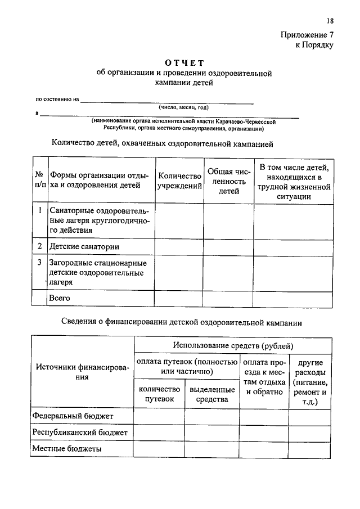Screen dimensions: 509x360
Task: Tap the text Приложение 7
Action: [307, 35]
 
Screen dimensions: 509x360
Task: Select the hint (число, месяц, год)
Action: [183, 107]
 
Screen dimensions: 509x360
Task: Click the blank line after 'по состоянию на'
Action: [166, 102]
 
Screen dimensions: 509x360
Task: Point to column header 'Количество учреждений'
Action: [179, 180]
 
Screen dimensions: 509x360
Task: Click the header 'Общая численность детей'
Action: [228, 180]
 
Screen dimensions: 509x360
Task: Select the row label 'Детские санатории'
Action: [84, 246]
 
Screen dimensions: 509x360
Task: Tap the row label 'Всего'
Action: [60, 298]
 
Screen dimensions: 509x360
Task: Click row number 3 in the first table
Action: [39, 263]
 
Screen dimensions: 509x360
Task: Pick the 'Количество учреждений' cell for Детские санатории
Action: [179, 246]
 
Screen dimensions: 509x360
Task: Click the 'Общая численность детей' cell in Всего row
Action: [228, 298]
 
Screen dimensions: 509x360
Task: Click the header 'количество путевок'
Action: [159, 394]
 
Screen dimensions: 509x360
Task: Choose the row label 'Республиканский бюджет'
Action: [80, 432]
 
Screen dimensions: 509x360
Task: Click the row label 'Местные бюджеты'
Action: [67, 449]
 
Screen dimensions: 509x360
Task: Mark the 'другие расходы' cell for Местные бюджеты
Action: [310, 449]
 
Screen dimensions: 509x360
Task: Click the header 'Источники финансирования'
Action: [82, 372]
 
